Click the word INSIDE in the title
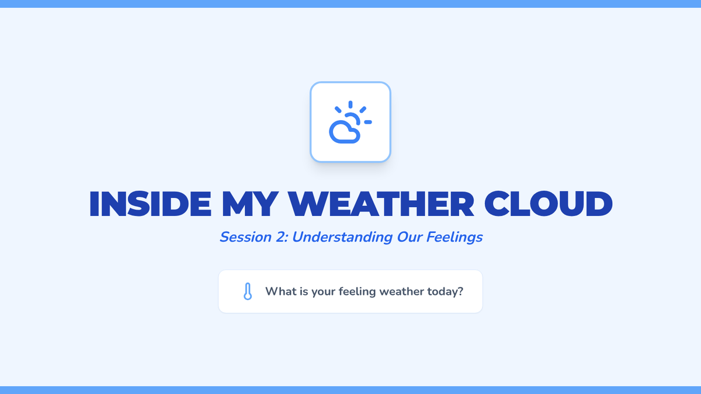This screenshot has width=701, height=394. pos(150,204)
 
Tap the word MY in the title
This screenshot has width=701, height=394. pos(250,204)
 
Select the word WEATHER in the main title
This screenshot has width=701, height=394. pos(381,204)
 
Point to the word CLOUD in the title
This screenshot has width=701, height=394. pos(549,204)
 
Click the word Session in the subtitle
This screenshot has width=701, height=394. pos(245,237)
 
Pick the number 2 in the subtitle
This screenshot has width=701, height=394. pos(282,237)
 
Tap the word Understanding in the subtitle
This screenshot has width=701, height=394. pos(342,238)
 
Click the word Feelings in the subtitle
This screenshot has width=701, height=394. pos(454,238)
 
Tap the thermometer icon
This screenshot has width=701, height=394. pos(248,291)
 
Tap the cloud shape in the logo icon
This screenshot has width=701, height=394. pos(344,133)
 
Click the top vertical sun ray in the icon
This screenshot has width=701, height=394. pos(350,104)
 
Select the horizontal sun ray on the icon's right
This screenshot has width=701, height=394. pos(368,122)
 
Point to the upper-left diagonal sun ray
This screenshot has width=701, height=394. pos(338,110)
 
